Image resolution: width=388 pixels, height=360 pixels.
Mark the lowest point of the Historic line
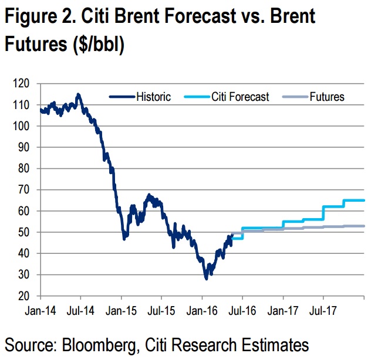[x=206, y=279]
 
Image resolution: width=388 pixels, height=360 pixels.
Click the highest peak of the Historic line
[x=78, y=94]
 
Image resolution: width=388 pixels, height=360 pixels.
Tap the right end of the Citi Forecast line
[x=364, y=201]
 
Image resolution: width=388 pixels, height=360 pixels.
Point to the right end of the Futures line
[x=364, y=226]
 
